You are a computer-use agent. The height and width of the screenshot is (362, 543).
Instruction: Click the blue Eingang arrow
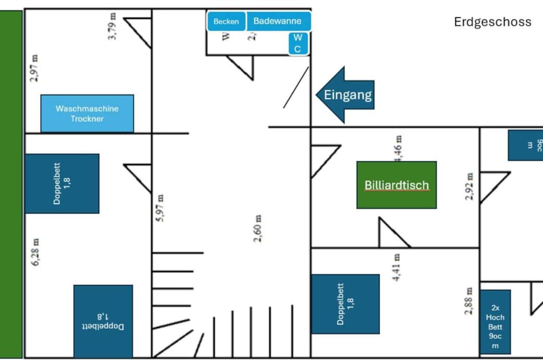346,95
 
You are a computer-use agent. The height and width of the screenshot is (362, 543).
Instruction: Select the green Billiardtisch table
396,185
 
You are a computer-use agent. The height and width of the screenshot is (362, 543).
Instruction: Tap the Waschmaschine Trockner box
87,113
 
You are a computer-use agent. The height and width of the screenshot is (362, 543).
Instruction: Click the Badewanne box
277,21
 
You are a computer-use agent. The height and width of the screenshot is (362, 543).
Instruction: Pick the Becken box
226,21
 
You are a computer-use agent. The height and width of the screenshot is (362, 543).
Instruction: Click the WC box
297,43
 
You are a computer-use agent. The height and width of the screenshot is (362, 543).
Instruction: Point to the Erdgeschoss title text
492,22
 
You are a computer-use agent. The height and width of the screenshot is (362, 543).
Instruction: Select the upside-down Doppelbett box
103,321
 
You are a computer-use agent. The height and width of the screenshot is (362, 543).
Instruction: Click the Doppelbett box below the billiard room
345,303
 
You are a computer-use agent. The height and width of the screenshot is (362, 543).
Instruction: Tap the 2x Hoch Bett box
495,322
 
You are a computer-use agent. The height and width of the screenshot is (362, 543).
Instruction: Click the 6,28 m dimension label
36,252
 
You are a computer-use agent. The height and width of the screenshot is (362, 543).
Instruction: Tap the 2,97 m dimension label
34,68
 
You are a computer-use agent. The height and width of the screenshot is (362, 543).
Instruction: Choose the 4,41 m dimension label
397,267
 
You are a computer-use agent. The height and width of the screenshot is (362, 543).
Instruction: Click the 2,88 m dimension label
469,301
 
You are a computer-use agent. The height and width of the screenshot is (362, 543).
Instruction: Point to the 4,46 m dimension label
398,148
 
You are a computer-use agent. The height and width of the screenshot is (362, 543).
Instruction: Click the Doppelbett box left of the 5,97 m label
62,183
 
